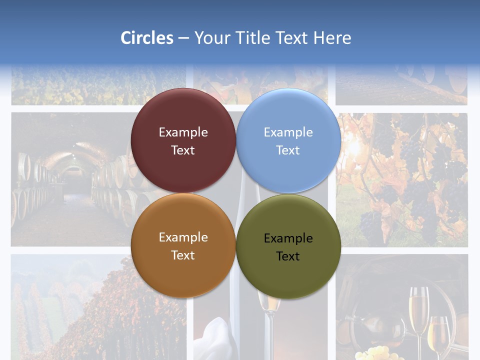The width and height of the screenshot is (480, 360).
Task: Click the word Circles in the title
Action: (147, 38)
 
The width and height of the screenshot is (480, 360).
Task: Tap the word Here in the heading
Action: (332, 38)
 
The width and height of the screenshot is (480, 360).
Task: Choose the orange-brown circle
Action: (183, 246)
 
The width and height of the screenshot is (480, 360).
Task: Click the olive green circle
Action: (288, 246)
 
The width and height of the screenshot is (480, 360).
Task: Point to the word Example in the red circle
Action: (183, 132)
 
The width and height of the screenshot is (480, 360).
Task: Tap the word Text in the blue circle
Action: (288, 150)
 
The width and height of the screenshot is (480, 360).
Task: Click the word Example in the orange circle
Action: (183, 237)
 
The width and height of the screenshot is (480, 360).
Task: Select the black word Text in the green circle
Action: (288, 256)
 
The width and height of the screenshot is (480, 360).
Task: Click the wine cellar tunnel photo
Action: (70, 180)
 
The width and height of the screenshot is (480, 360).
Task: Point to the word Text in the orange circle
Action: (183, 255)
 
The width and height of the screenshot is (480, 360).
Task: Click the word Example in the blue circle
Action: (288, 132)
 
